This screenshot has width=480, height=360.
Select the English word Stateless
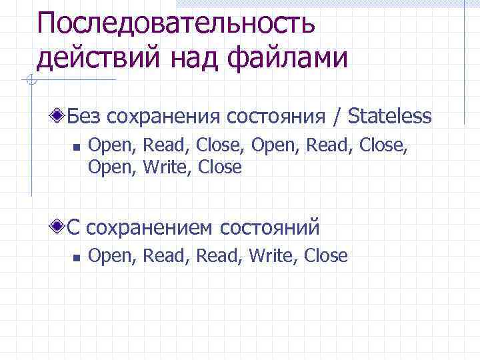(390, 117)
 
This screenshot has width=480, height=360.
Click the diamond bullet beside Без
(60, 117)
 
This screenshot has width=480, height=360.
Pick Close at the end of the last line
(326, 255)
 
